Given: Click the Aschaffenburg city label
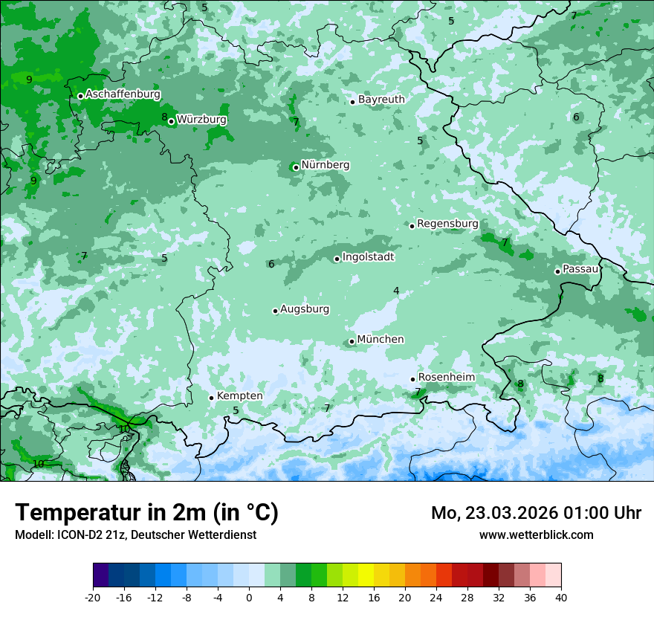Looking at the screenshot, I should click(x=123, y=94).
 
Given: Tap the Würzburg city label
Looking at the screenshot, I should click(x=201, y=120).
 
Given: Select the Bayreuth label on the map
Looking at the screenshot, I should click(x=381, y=100).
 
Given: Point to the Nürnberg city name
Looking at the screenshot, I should click(x=325, y=165).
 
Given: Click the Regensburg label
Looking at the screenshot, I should click(x=447, y=224).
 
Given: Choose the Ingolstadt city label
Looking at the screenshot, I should click(x=368, y=257).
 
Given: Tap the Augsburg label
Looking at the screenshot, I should click(x=305, y=309).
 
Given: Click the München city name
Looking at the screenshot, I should click(x=381, y=340).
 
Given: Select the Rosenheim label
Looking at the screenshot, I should click(x=446, y=378).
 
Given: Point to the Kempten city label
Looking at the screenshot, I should click(x=239, y=396).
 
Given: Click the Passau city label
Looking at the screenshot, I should click(x=580, y=269).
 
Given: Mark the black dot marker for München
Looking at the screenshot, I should click(x=352, y=342).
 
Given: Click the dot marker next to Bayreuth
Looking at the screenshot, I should click(x=352, y=102).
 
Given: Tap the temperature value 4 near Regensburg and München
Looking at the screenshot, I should click(x=396, y=291).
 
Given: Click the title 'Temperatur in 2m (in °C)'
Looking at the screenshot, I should click(x=146, y=513).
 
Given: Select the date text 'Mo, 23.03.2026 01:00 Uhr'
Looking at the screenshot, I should click(x=536, y=513).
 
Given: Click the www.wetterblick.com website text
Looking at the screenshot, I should click(x=536, y=535).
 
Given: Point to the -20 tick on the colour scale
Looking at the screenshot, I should click(x=93, y=597).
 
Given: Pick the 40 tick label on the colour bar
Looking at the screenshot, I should click(x=560, y=597).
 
